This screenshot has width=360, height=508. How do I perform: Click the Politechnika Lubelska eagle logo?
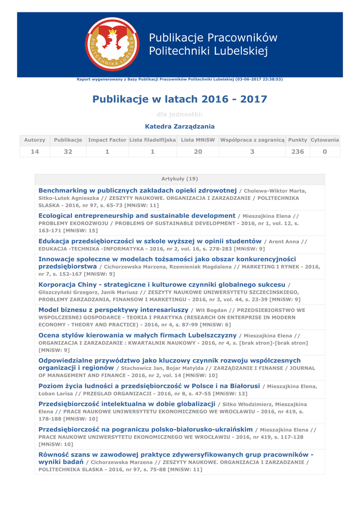113,44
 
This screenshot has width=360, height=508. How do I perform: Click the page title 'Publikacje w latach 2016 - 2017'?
180,99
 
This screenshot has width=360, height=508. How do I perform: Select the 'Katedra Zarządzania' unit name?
180,127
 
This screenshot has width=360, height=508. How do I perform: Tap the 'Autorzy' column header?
35,140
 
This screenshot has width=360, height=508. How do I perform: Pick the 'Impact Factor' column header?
107,140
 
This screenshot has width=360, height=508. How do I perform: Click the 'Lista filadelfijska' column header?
152,140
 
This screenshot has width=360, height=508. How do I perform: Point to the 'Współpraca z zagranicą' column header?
252,140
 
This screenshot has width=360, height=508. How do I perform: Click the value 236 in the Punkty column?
297,152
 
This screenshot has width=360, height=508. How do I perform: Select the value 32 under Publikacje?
68,152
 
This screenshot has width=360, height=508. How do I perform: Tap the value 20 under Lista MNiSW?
198,152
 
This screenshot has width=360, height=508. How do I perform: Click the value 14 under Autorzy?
35,152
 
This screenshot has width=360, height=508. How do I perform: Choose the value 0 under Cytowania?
325,152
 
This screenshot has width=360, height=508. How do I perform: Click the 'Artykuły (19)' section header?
180,179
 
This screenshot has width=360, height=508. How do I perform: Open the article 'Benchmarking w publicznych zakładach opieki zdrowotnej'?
138,190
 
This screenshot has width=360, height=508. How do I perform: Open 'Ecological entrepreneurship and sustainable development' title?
137,216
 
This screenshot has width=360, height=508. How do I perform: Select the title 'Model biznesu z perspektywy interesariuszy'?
113,310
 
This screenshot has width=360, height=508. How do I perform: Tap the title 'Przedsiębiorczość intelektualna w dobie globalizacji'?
127,404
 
